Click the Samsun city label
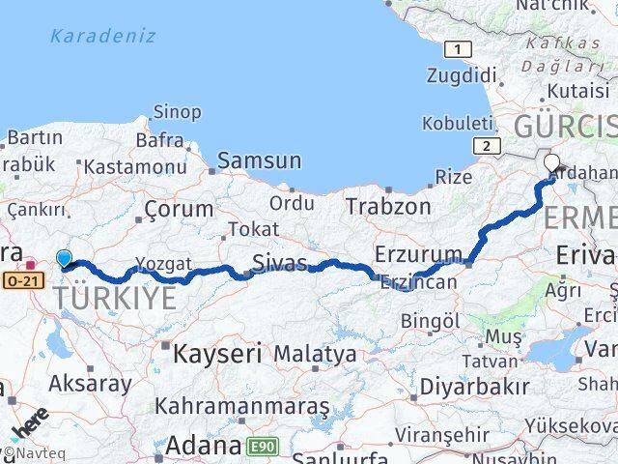click(259, 161)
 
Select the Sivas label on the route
click(279, 263)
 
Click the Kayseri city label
click(217, 354)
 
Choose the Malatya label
click(315, 354)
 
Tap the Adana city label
click(203, 446)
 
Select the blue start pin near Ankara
click(64, 259)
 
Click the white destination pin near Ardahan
click(552, 163)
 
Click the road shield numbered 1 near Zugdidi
click(459, 48)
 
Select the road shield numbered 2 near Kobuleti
click(485, 145)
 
